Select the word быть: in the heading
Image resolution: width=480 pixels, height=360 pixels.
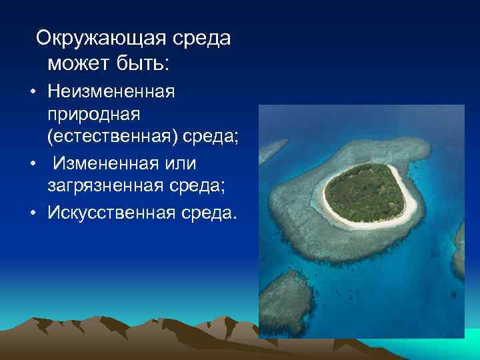(145, 64)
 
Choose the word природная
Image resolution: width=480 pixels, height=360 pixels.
(93, 115)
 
